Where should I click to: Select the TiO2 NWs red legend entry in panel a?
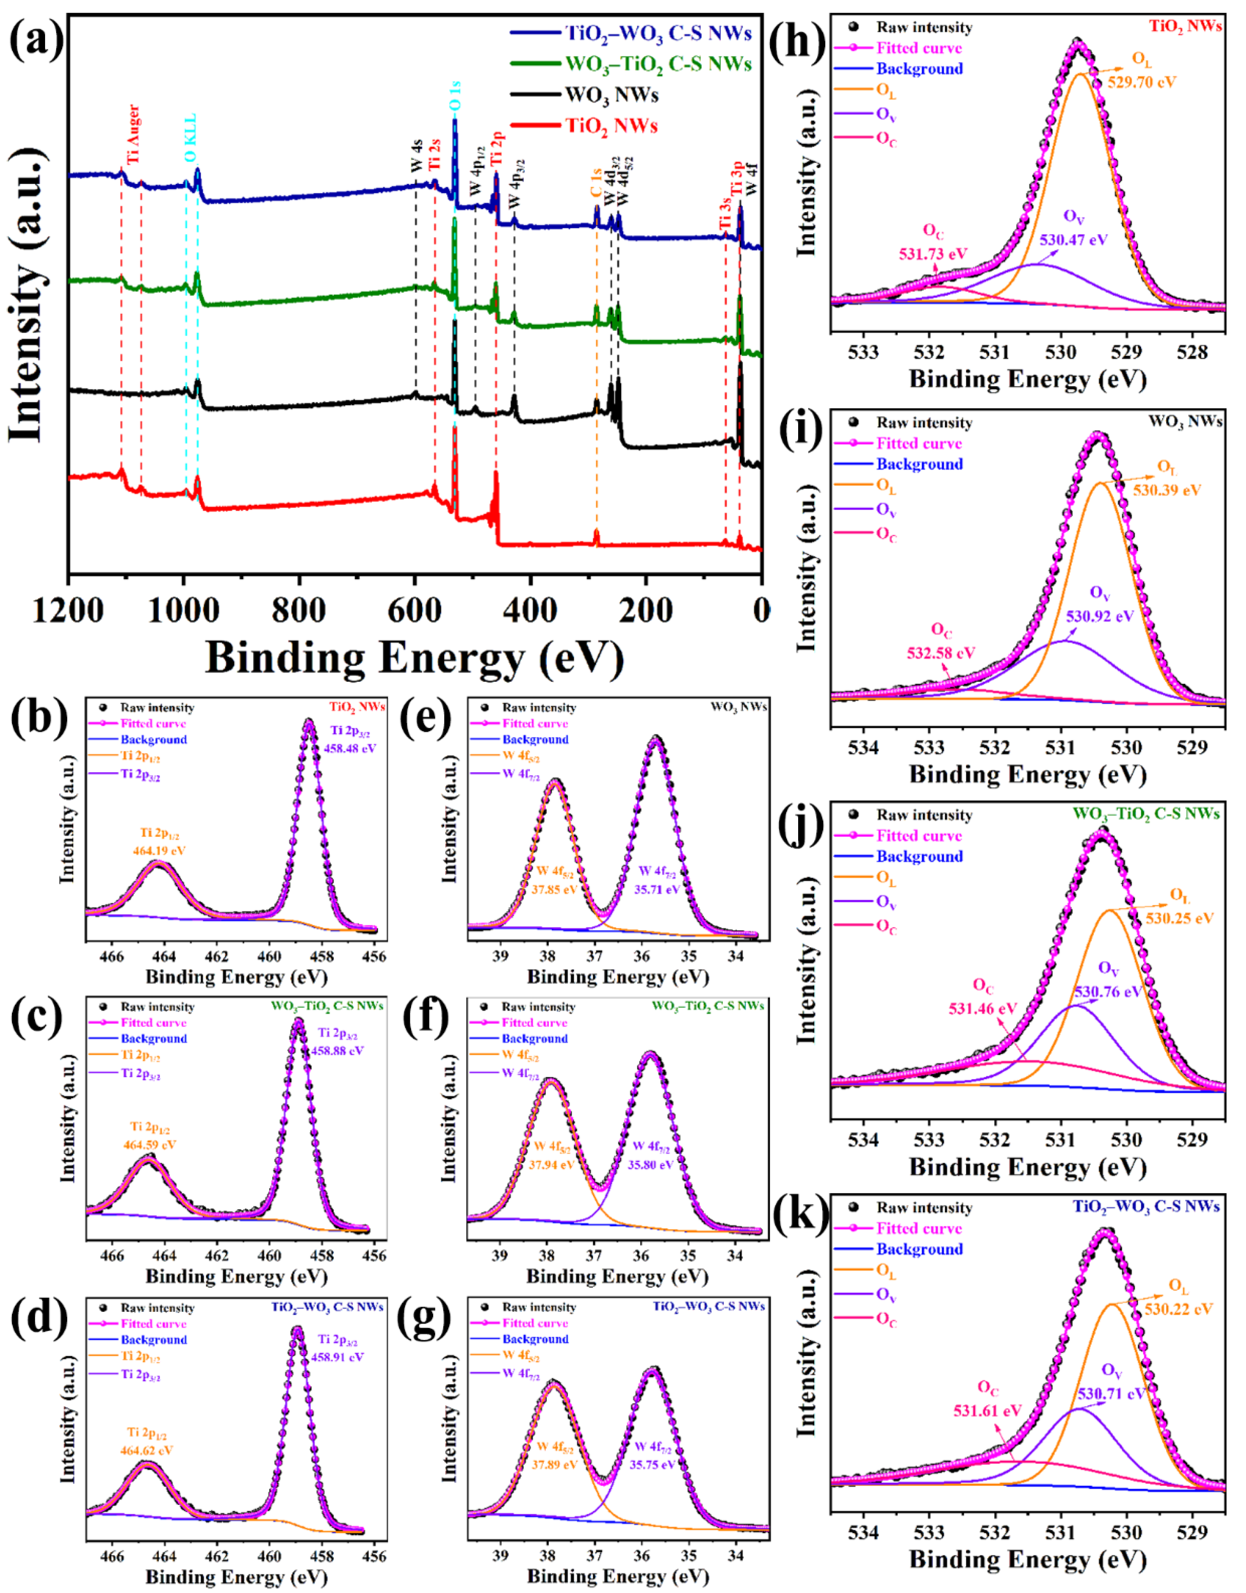pos(611,126)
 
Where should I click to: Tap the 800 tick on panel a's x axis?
pos(298,610)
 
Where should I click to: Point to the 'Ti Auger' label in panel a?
pos(133,135)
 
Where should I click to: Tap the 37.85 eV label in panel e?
pos(555,889)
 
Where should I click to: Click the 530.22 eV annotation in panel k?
pos(1178,1309)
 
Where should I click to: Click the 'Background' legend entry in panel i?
pos(919,464)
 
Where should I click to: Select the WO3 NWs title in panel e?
pos(738,707)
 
